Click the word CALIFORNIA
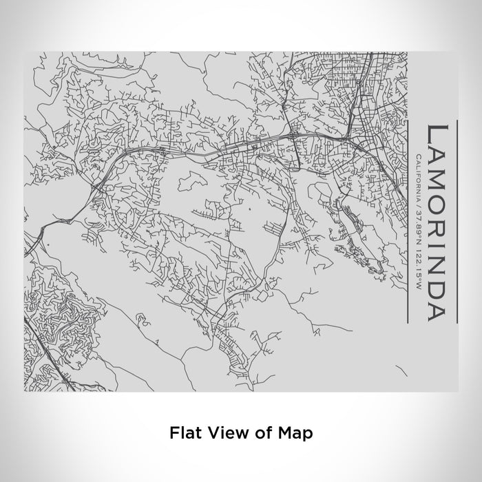point(417,176)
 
